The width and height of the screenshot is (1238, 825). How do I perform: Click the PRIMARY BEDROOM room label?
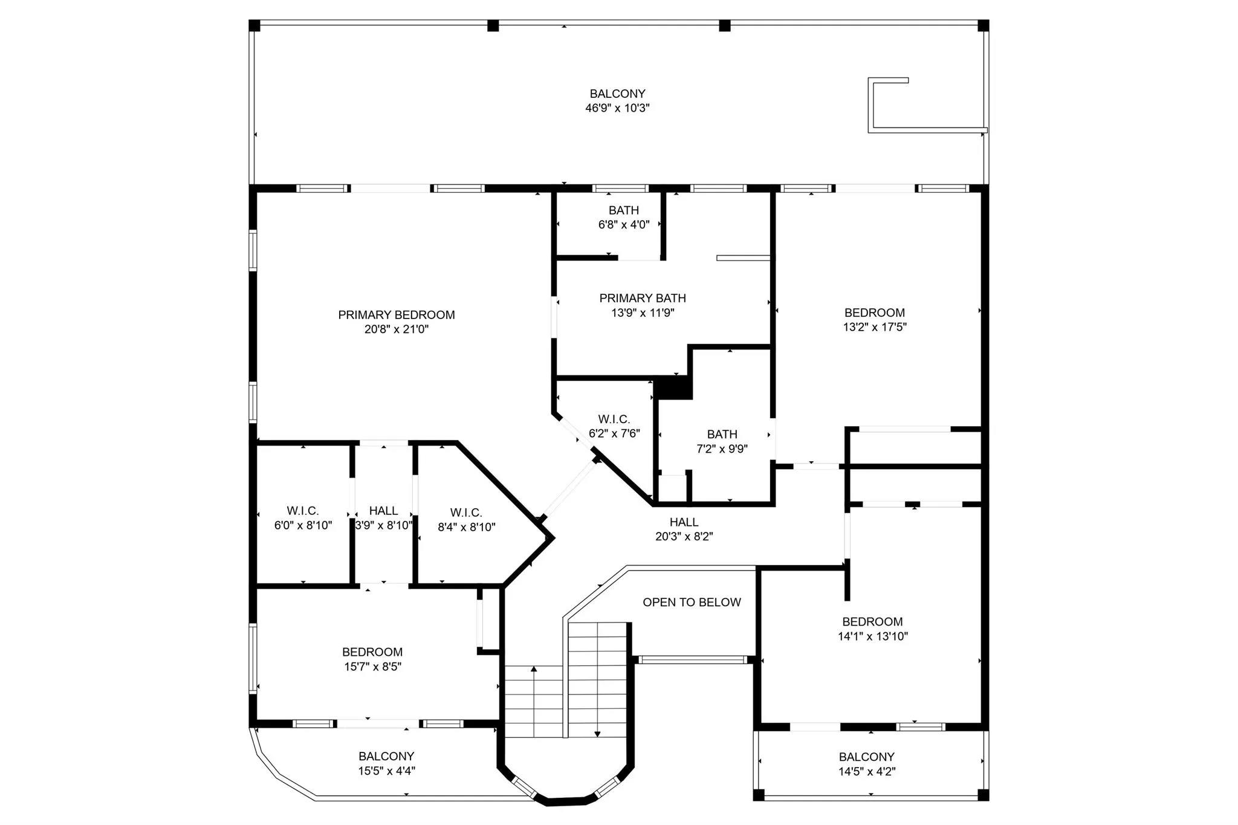click(396, 315)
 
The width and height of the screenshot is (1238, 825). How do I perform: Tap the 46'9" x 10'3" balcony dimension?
click(617, 108)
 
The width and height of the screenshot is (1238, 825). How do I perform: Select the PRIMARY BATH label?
click(643, 298)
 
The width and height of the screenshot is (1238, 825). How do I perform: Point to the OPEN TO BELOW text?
click(692, 602)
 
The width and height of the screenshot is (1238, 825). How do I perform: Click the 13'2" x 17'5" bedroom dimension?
click(875, 327)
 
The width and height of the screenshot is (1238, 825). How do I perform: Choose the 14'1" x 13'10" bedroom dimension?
click(872, 636)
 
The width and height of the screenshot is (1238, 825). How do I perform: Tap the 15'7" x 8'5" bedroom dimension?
click(372, 667)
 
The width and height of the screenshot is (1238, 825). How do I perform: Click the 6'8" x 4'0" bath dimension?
click(624, 225)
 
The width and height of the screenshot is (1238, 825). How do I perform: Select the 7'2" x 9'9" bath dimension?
click(722, 449)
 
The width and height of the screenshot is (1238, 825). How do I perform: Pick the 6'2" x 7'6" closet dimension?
click(614, 433)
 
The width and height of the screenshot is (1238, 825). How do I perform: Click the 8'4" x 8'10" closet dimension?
click(466, 527)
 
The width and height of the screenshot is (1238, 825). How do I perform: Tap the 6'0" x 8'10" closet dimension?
click(303, 525)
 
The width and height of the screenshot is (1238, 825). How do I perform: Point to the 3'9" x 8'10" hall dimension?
click(383, 525)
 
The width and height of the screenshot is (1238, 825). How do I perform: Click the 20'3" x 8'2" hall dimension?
click(684, 536)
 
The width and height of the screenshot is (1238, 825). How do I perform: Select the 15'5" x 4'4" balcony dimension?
click(386, 771)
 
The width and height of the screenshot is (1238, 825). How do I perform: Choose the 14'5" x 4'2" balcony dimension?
click(867, 771)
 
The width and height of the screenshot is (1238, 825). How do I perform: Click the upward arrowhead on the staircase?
click(534, 669)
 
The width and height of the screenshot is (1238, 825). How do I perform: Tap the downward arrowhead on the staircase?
click(597, 734)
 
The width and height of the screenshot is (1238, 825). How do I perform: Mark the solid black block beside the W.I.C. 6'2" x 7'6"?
click(673, 387)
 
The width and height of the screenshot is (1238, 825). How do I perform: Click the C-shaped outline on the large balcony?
click(870, 106)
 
